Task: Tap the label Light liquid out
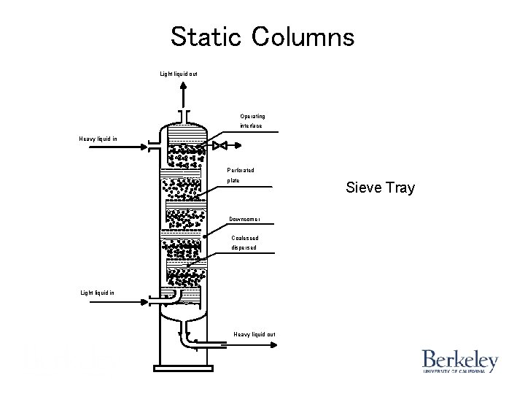[179, 74]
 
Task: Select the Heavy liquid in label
[98, 138]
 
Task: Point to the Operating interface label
[252, 121]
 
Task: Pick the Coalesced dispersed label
[244, 242]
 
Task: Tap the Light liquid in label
[97, 293]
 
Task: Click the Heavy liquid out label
[254, 334]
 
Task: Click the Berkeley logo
[459, 362]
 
